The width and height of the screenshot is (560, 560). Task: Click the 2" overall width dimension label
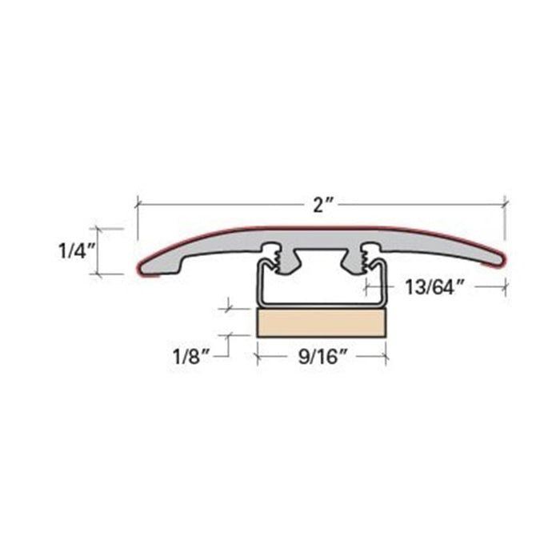pyautogui.click(x=322, y=205)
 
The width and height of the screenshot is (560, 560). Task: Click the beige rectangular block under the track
pyautogui.click(x=322, y=322)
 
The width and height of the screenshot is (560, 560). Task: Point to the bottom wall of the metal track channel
pyautogui.click(x=322, y=304)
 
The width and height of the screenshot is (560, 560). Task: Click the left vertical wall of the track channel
pyautogui.click(x=258, y=284)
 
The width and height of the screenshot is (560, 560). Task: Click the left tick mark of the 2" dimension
pyautogui.click(x=137, y=205)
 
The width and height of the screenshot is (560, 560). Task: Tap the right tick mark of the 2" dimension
pyautogui.click(x=505, y=205)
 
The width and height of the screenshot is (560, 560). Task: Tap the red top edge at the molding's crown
pyautogui.click(x=322, y=226)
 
